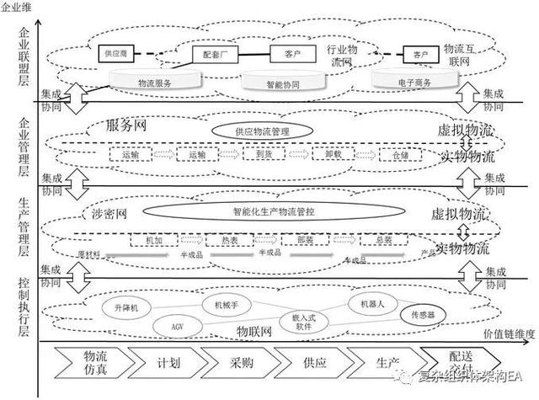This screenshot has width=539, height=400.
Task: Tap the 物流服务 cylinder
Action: [x=154, y=83]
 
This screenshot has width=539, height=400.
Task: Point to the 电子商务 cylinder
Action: [x=410, y=83]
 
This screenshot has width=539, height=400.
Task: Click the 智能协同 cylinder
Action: [x=283, y=83]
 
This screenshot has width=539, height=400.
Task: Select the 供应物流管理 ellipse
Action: [x=263, y=131]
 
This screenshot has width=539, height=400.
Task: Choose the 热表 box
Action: [x=218, y=240]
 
